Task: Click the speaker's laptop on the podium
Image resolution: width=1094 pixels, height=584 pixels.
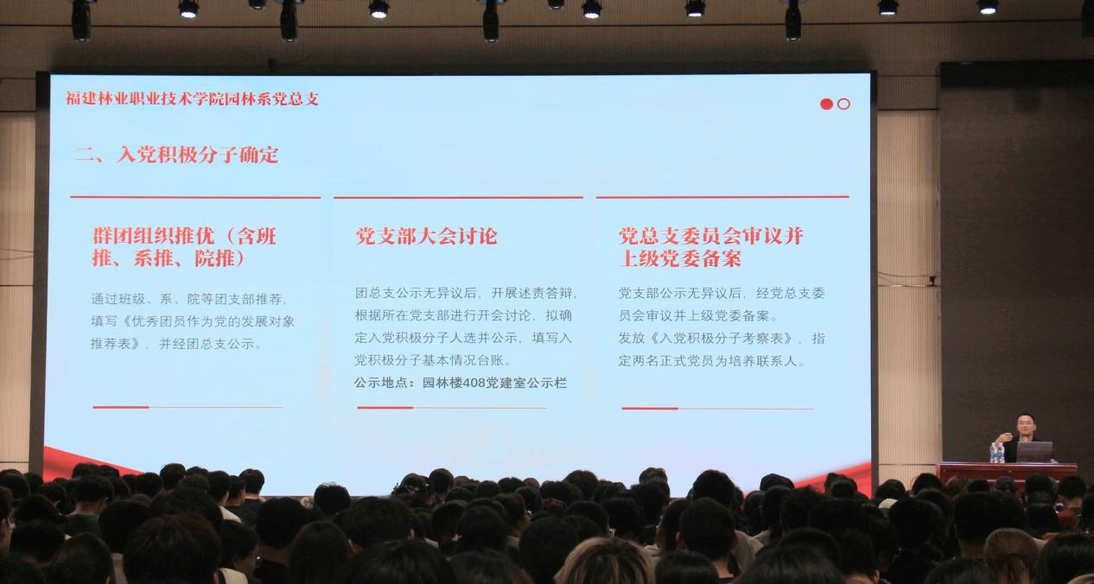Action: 1034,452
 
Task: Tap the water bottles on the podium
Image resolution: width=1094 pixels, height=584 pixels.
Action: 997,453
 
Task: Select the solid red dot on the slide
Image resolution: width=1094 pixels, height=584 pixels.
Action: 826,104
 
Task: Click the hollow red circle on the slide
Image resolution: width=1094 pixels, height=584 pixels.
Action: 843,104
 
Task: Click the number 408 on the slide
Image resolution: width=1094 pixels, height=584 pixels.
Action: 474,383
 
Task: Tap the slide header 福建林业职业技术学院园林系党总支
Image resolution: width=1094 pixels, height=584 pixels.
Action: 193,98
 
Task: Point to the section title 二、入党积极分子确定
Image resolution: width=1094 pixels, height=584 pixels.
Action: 177,155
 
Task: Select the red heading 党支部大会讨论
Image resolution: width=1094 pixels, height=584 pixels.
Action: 426,237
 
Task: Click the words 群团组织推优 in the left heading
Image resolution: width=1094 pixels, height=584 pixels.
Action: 154,237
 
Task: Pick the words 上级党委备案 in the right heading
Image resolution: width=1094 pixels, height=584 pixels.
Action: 680,258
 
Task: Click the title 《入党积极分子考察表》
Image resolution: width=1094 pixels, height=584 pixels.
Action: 725,339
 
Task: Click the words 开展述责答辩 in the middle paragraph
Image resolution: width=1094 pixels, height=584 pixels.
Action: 531,293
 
